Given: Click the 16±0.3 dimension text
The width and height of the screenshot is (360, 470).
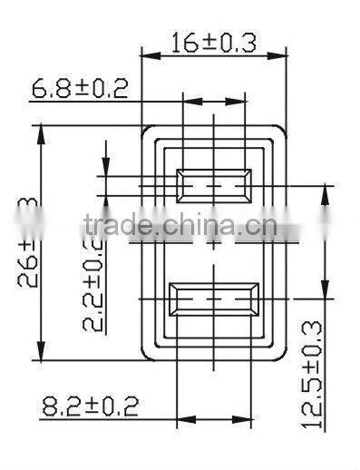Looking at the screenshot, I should tap(213, 42).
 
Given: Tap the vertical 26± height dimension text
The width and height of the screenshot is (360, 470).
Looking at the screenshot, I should tap(27, 243).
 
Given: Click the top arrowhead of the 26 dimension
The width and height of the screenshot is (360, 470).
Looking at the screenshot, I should tap(42, 133).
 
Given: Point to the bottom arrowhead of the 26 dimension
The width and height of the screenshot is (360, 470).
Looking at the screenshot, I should tap(42, 354).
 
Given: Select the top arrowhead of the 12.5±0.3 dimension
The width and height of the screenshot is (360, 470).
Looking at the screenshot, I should tap(325, 191).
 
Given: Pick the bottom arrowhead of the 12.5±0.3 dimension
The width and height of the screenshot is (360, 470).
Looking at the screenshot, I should tap(325, 291).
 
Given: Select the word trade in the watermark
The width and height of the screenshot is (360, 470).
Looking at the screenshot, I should tap(110, 224).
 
